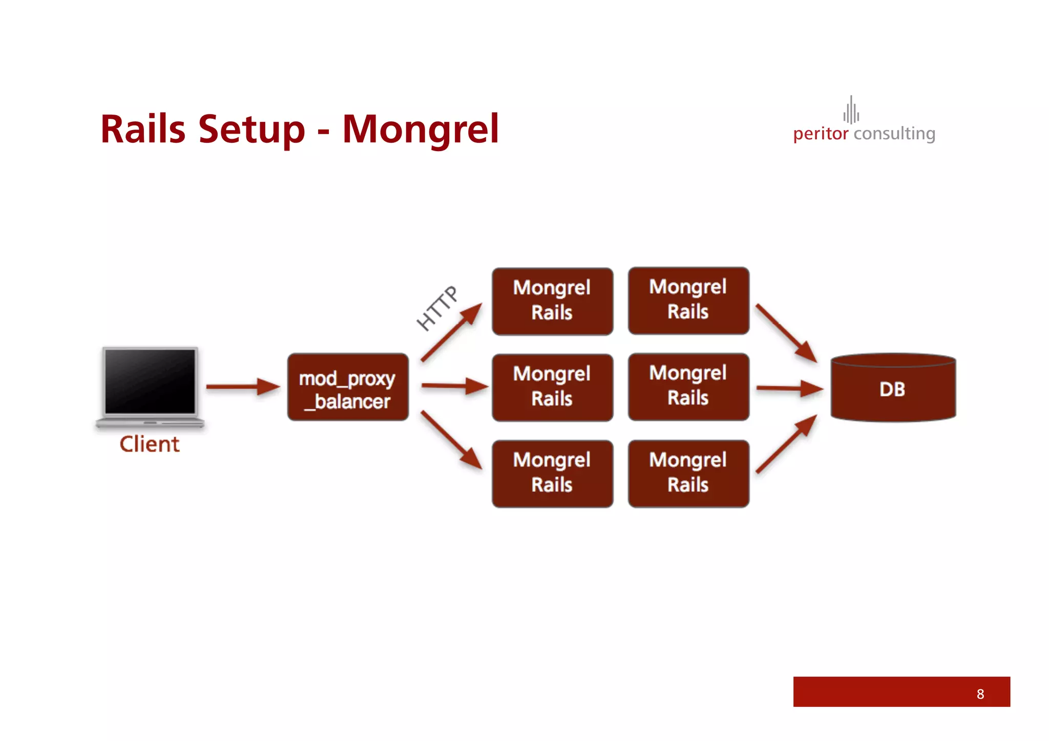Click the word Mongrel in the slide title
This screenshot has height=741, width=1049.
click(420, 129)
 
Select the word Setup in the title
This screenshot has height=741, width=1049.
click(251, 129)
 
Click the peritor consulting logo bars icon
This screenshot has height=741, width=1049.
click(851, 111)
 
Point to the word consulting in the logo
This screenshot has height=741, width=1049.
click(894, 134)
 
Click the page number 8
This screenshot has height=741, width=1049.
click(980, 694)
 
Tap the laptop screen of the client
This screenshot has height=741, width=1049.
click(150, 381)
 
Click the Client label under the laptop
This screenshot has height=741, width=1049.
click(150, 444)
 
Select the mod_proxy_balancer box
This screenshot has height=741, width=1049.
click(348, 388)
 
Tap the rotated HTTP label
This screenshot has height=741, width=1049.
click(437, 308)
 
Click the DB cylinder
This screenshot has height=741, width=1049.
click(893, 389)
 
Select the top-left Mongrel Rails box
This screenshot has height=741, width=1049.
click(552, 301)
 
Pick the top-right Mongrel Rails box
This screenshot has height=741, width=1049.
click(688, 301)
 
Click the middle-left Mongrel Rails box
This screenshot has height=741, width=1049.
click(552, 387)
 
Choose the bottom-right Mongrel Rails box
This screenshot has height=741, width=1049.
click(688, 473)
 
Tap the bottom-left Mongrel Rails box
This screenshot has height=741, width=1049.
click(552, 473)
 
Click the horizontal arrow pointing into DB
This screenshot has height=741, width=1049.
click(789, 388)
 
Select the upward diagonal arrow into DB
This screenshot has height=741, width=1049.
click(786, 443)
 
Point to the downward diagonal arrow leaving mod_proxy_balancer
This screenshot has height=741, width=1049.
click(451, 440)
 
